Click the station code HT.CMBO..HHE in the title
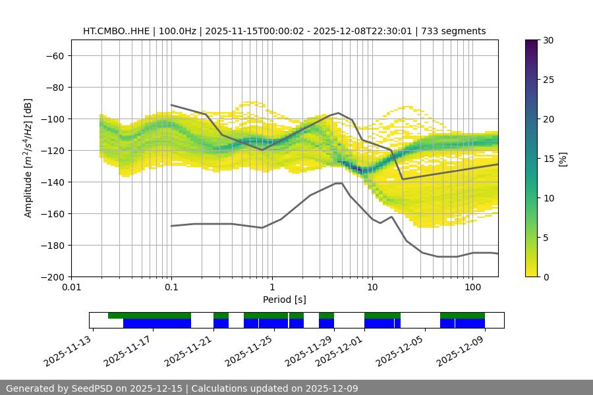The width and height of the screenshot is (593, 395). [118, 31]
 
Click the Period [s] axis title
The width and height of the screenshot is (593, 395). [284, 300]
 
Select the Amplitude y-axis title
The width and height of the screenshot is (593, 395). [28, 158]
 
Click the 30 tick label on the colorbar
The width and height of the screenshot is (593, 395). [548, 40]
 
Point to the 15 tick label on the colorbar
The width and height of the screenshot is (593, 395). [548, 159]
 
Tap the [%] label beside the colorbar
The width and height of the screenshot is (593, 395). [562, 159]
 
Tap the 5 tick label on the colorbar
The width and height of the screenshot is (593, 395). [545, 238]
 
